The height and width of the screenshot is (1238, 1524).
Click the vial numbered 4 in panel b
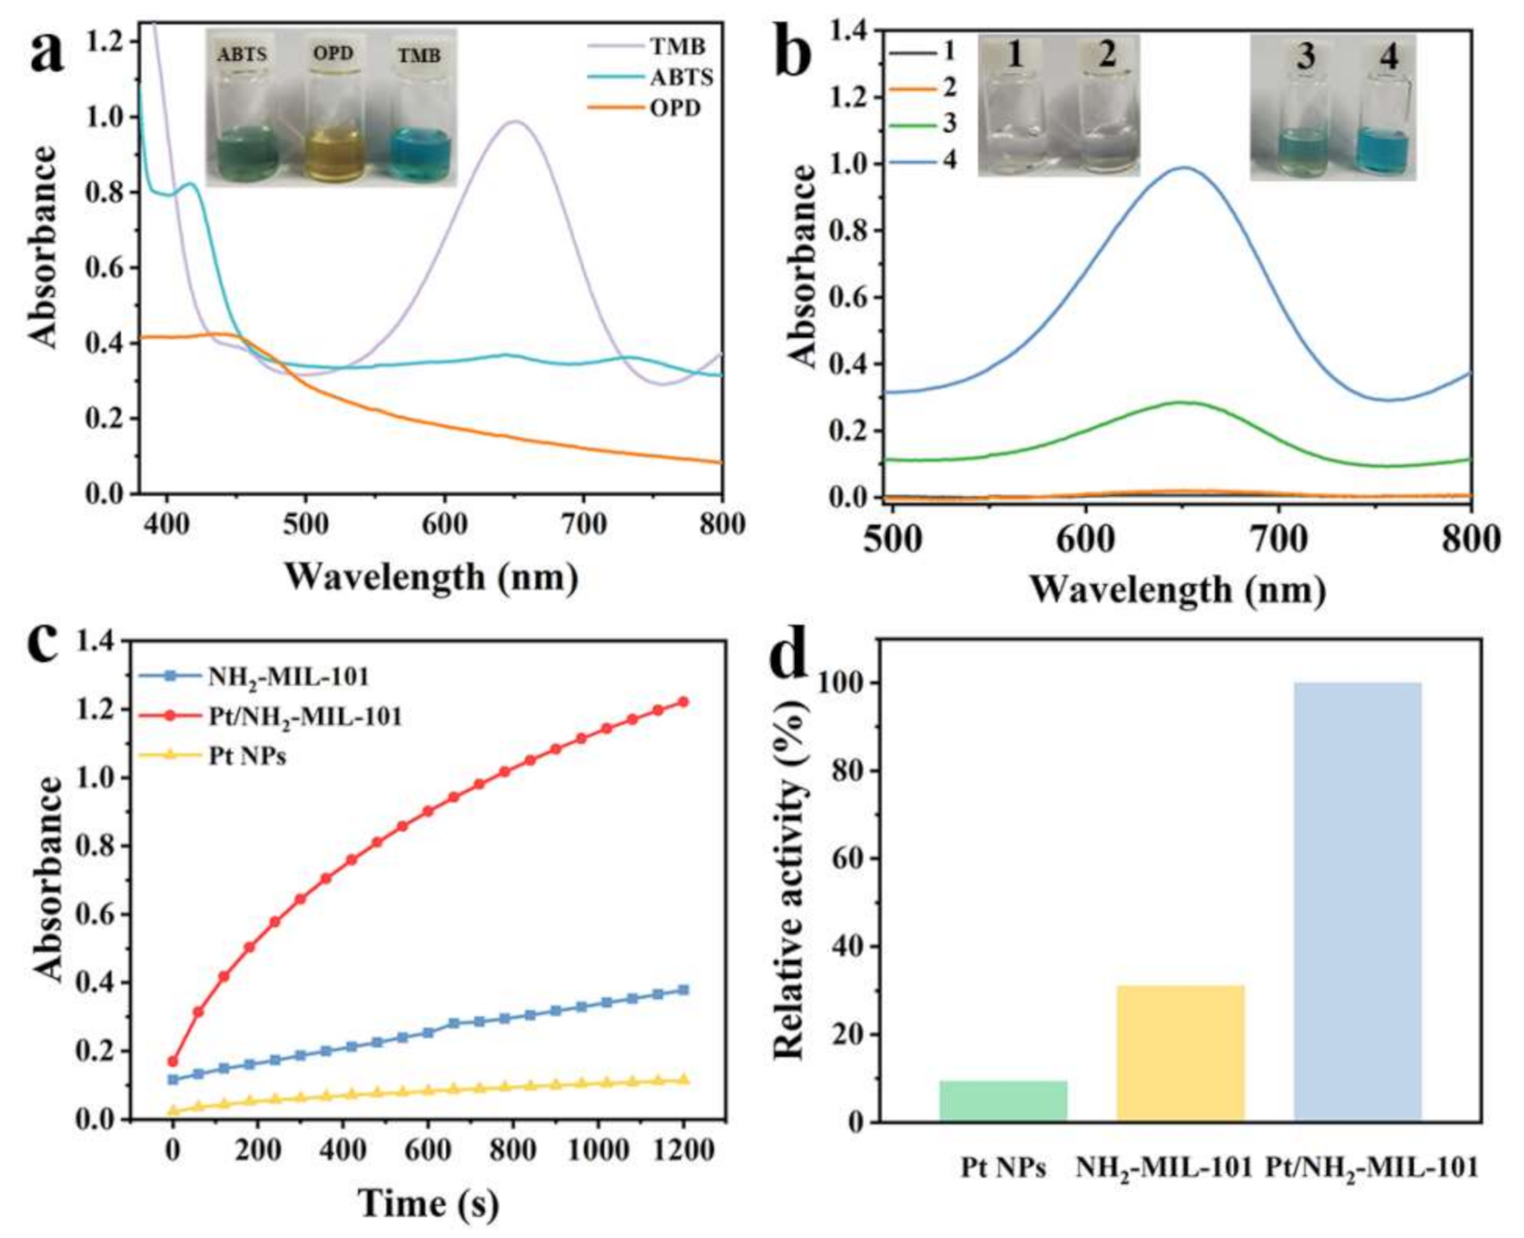coord(1385,120)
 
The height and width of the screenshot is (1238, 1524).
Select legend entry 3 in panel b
coord(948,122)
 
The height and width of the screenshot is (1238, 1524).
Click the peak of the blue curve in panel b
coord(1184,168)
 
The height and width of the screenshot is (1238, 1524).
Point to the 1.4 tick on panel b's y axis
coord(847,30)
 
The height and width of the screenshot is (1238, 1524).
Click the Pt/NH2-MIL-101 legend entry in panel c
coord(303,716)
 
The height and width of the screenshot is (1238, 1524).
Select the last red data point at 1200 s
coord(683,702)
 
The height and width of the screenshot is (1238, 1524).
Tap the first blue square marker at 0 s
coord(173,1079)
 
